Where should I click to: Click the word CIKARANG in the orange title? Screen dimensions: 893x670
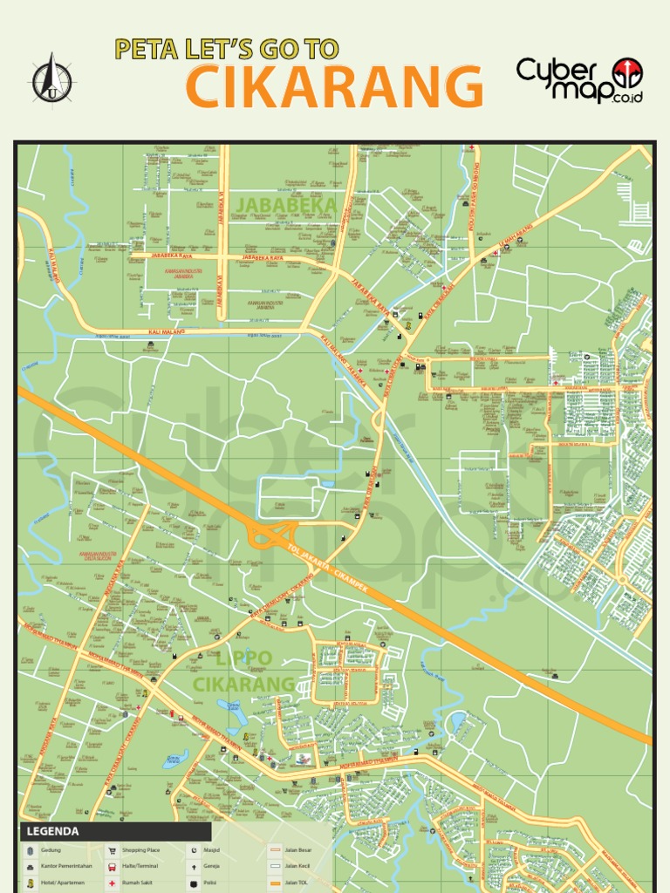tap(335, 87)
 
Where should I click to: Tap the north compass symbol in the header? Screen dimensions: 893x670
tap(51, 78)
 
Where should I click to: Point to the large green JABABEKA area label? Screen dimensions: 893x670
tap(286, 205)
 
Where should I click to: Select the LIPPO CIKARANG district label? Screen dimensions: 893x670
tap(243, 671)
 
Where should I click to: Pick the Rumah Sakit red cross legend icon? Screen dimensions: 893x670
tap(112, 883)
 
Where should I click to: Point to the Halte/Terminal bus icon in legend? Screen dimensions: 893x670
tap(112, 867)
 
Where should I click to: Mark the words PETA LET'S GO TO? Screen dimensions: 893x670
tap(226, 50)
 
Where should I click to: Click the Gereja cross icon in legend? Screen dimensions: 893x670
tap(193, 867)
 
